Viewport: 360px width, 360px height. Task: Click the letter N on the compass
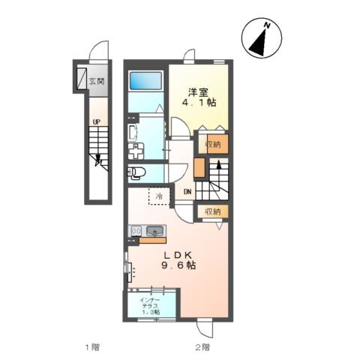tap(268, 25)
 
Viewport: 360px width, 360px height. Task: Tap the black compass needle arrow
tap(258, 43)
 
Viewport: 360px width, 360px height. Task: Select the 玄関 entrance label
tap(97, 81)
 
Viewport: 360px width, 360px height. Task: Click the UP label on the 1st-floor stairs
tap(97, 122)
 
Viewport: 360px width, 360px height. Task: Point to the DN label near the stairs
tap(187, 192)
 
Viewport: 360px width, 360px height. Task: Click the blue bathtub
tap(145, 80)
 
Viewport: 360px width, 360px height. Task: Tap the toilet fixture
tap(136, 172)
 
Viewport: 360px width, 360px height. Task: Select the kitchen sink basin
tap(155, 230)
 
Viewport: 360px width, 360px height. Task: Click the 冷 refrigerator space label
tap(159, 196)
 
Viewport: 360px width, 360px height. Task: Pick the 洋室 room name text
tap(198, 93)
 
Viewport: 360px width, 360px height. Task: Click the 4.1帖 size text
tap(199, 103)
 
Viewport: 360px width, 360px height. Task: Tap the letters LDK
tap(178, 255)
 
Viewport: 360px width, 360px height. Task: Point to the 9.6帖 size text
tap(178, 265)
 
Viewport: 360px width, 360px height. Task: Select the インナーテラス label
tap(150, 303)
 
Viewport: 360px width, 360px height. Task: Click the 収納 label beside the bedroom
tap(213, 144)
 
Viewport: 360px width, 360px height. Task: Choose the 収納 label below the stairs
tap(213, 211)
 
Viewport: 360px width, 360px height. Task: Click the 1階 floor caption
tap(92, 347)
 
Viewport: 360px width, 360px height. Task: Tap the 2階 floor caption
tap(202, 347)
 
